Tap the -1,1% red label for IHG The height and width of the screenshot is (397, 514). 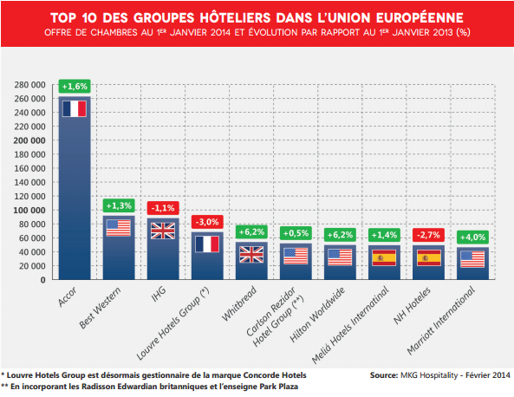pos(162,208)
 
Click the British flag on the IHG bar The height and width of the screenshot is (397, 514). pos(162,231)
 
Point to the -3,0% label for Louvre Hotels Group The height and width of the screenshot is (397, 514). pos(206,221)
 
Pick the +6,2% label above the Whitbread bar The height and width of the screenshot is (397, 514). pos(250,231)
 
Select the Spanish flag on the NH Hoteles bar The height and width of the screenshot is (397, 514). pos(427,257)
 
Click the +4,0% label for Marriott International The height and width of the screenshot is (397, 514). pos(472,237)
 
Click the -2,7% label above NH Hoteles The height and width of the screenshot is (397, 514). pos(427,235)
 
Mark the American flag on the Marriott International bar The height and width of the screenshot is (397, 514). pos(472,259)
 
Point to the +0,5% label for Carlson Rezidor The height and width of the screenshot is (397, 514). pos(295,233)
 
